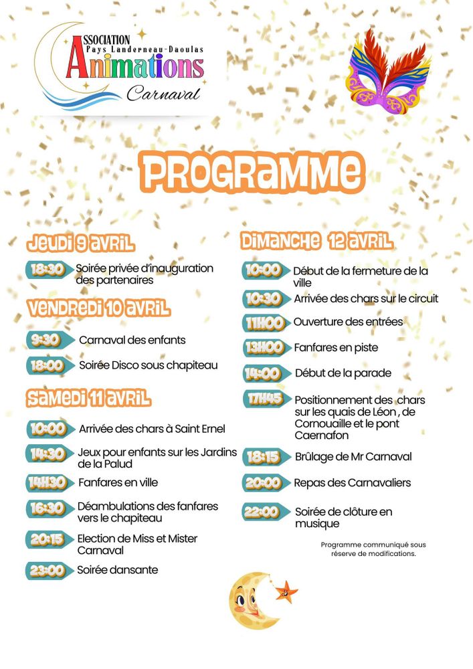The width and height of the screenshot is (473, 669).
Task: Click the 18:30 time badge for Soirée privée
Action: tap(48, 270)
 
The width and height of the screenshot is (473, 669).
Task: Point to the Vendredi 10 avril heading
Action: tap(98, 308)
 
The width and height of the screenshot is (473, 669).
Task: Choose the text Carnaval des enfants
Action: tap(132, 340)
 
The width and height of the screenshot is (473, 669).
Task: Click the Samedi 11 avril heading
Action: tap(89, 399)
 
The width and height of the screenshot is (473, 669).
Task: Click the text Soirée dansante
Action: tap(118, 570)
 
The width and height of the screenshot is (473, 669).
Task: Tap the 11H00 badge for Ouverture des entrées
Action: tap(265, 322)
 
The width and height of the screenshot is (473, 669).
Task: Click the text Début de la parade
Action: tap(343, 373)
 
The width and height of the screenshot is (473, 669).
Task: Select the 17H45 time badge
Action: tap(265, 400)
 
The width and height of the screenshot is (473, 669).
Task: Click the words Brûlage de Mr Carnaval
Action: tap(353, 457)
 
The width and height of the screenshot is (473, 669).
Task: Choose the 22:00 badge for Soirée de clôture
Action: tap(263, 512)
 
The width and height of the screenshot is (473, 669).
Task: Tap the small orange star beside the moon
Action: tap(286, 591)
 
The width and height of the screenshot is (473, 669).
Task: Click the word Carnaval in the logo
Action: tap(163, 93)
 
